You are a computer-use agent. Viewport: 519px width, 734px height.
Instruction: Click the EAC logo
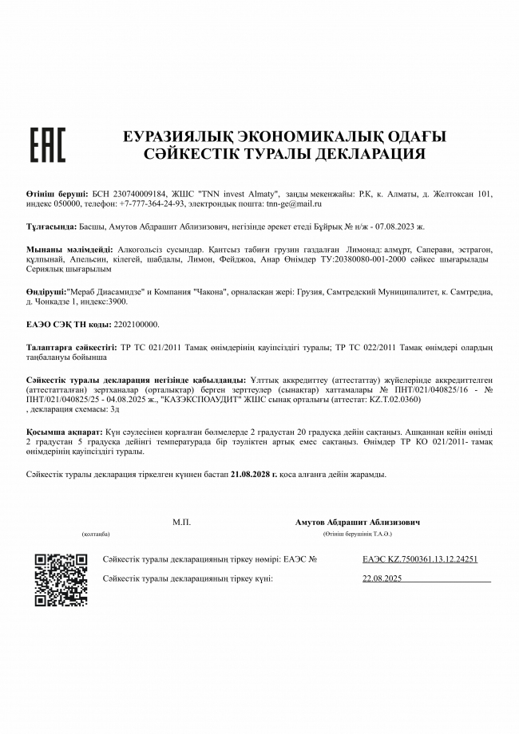click(47, 144)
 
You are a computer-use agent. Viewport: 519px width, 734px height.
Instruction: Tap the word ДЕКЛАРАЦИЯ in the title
click(368, 153)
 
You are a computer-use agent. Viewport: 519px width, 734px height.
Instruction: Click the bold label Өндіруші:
click(46, 293)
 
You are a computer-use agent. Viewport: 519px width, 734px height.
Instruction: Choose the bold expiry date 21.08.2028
click(252, 474)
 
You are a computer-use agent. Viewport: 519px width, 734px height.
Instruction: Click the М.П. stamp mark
click(181, 522)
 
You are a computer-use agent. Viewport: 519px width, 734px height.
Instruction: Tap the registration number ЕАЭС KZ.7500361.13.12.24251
click(420, 559)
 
